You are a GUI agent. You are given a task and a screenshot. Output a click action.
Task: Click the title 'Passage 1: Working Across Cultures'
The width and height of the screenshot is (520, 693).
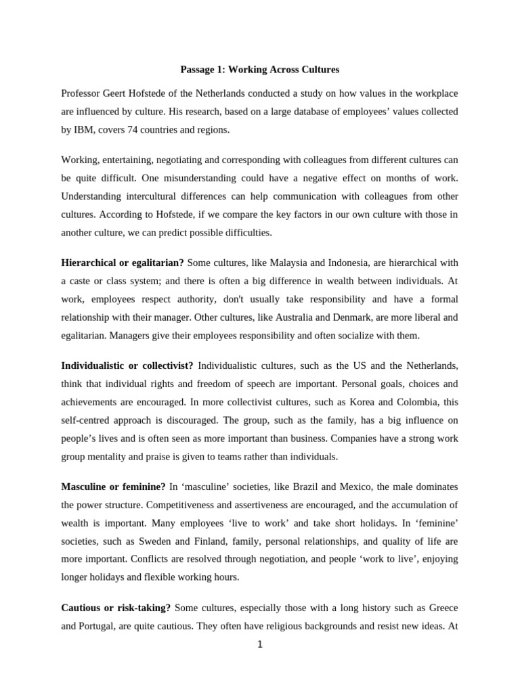click(x=260, y=69)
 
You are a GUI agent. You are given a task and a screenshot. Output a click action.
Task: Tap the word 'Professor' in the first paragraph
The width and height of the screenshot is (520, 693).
click(x=83, y=93)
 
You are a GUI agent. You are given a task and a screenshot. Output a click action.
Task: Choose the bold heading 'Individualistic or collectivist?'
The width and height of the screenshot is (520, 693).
click(x=127, y=365)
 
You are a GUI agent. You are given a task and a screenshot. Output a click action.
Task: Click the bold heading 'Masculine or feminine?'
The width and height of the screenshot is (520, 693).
click(x=113, y=487)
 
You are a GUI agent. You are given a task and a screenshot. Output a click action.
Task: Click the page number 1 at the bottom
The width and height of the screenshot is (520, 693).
click(x=259, y=644)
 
